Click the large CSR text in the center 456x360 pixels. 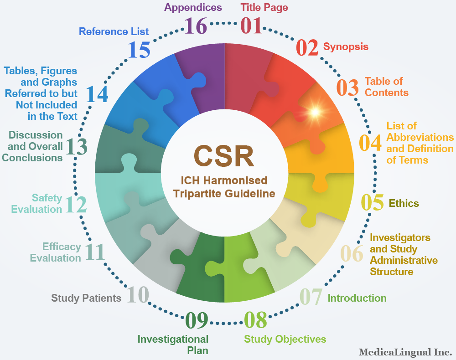[224, 156]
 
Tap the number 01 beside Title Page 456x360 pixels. [251, 26]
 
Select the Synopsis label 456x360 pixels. [346, 47]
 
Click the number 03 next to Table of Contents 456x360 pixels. [347, 87]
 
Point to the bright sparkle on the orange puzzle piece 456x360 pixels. [315, 112]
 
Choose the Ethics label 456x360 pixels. [404, 203]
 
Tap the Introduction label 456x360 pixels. [357, 298]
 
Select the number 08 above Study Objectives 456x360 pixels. [255, 320]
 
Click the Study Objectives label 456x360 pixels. [285, 339]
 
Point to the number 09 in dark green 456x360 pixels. [197, 320]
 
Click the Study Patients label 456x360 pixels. [86, 298]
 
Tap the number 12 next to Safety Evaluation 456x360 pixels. [76, 205]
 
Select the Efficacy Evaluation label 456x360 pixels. [56, 252]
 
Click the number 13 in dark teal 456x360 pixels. [76, 146]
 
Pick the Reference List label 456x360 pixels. [114, 31]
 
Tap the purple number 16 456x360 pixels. [196, 26]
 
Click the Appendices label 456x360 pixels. [193, 8]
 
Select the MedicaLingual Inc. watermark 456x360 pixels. [405, 352]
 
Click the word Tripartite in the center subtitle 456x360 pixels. [197, 194]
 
